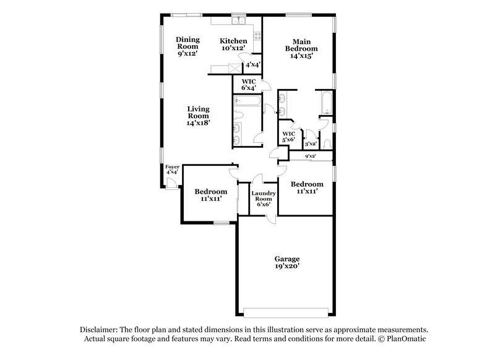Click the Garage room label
pyautogui.click(x=287, y=262)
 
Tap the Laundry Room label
pyautogui.click(x=262, y=199)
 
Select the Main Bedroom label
pyautogui.click(x=301, y=48)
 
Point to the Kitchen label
pyautogui.click(x=233, y=44)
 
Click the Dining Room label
pyautogui.click(x=187, y=46)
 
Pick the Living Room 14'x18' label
pyautogui.click(x=199, y=116)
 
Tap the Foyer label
pyautogui.click(x=171, y=169)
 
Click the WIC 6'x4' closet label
pyautogui.click(x=249, y=84)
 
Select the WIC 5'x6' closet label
pyautogui.click(x=289, y=137)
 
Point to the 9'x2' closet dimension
pyautogui.click(x=311, y=156)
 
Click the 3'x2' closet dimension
pyautogui.click(x=311, y=144)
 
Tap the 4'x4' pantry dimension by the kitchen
pyautogui.click(x=252, y=64)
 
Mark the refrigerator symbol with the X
pyautogui.click(x=233, y=68)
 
